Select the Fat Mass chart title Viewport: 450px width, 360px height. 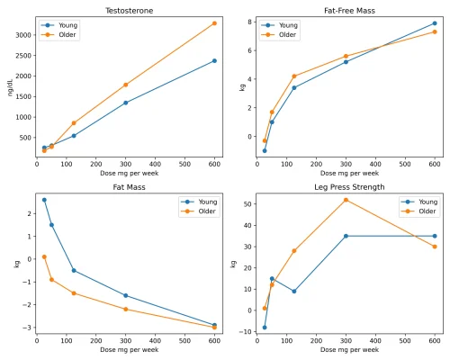(x=125, y=187)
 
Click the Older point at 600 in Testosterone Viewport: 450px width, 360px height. (x=214, y=23)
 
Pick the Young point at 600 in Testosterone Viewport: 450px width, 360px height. (x=214, y=61)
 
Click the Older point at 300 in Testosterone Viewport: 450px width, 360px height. (x=125, y=85)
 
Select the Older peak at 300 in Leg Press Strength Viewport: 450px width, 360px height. (x=346, y=200)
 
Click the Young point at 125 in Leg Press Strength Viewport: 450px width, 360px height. (x=293, y=291)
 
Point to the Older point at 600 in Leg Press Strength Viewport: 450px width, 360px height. (x=435, y=247)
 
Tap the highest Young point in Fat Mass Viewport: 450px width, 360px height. (x=44, y=200)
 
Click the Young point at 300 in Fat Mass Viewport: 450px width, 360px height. (x=125, y=295)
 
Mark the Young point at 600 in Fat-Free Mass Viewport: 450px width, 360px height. (x=435, y=23)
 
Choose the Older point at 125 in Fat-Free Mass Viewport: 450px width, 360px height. (x=293, y=76)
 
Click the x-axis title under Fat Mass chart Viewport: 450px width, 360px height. (x=125, y=350)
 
